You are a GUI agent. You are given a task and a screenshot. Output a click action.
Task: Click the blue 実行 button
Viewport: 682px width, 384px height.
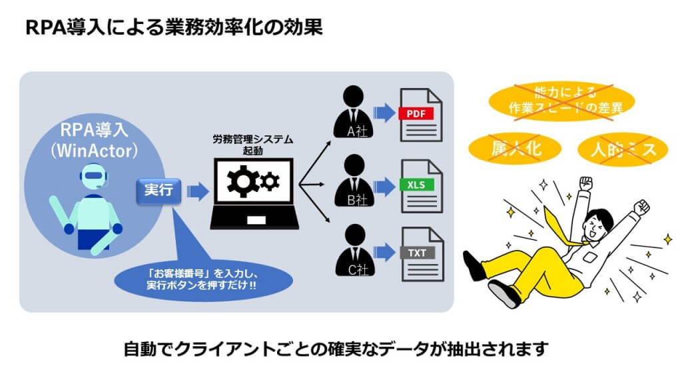coord(159,191)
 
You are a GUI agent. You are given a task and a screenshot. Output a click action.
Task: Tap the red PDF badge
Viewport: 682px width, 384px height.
coord(416,114)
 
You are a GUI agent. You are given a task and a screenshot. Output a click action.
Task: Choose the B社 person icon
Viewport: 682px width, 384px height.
coord(354,180)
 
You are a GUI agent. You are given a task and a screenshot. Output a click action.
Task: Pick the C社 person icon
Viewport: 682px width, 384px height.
coord(354,249)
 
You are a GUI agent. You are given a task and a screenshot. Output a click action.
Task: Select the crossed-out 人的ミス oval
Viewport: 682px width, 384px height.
coord(623,149)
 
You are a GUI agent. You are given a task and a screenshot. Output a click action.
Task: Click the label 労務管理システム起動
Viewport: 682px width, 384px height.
coord(253,145)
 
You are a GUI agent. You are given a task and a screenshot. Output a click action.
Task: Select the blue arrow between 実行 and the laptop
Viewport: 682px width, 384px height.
coord(197,192)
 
